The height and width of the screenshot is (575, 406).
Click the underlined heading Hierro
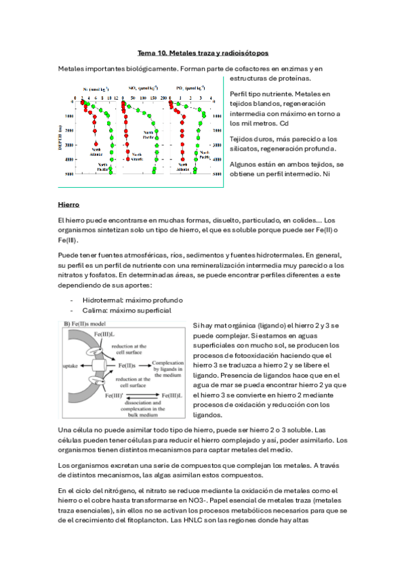click(68, 203)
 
